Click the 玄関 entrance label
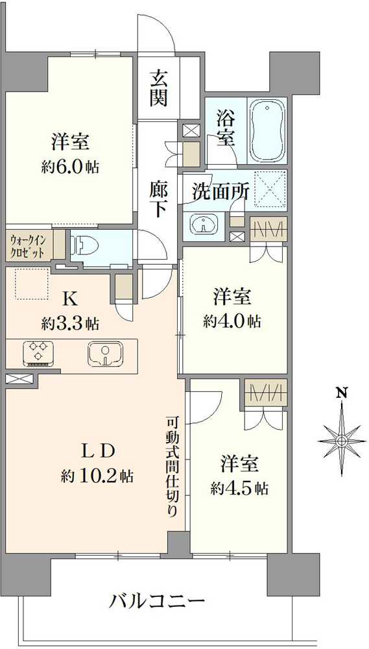(158, 88)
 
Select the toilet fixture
(85, 246)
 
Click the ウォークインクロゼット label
(28, 245)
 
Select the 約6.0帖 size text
(70, 167)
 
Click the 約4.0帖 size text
(232, 321)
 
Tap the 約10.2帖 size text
(97, 476)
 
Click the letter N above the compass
(342, 392)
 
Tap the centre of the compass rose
(342, 441)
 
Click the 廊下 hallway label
(158, 201)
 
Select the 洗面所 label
(220, 191)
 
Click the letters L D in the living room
(97, 450)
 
